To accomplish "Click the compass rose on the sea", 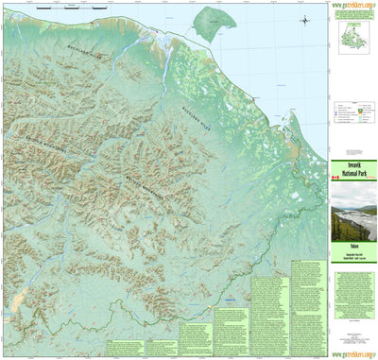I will coord(306,20).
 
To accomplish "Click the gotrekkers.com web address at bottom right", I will coord(354,354).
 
